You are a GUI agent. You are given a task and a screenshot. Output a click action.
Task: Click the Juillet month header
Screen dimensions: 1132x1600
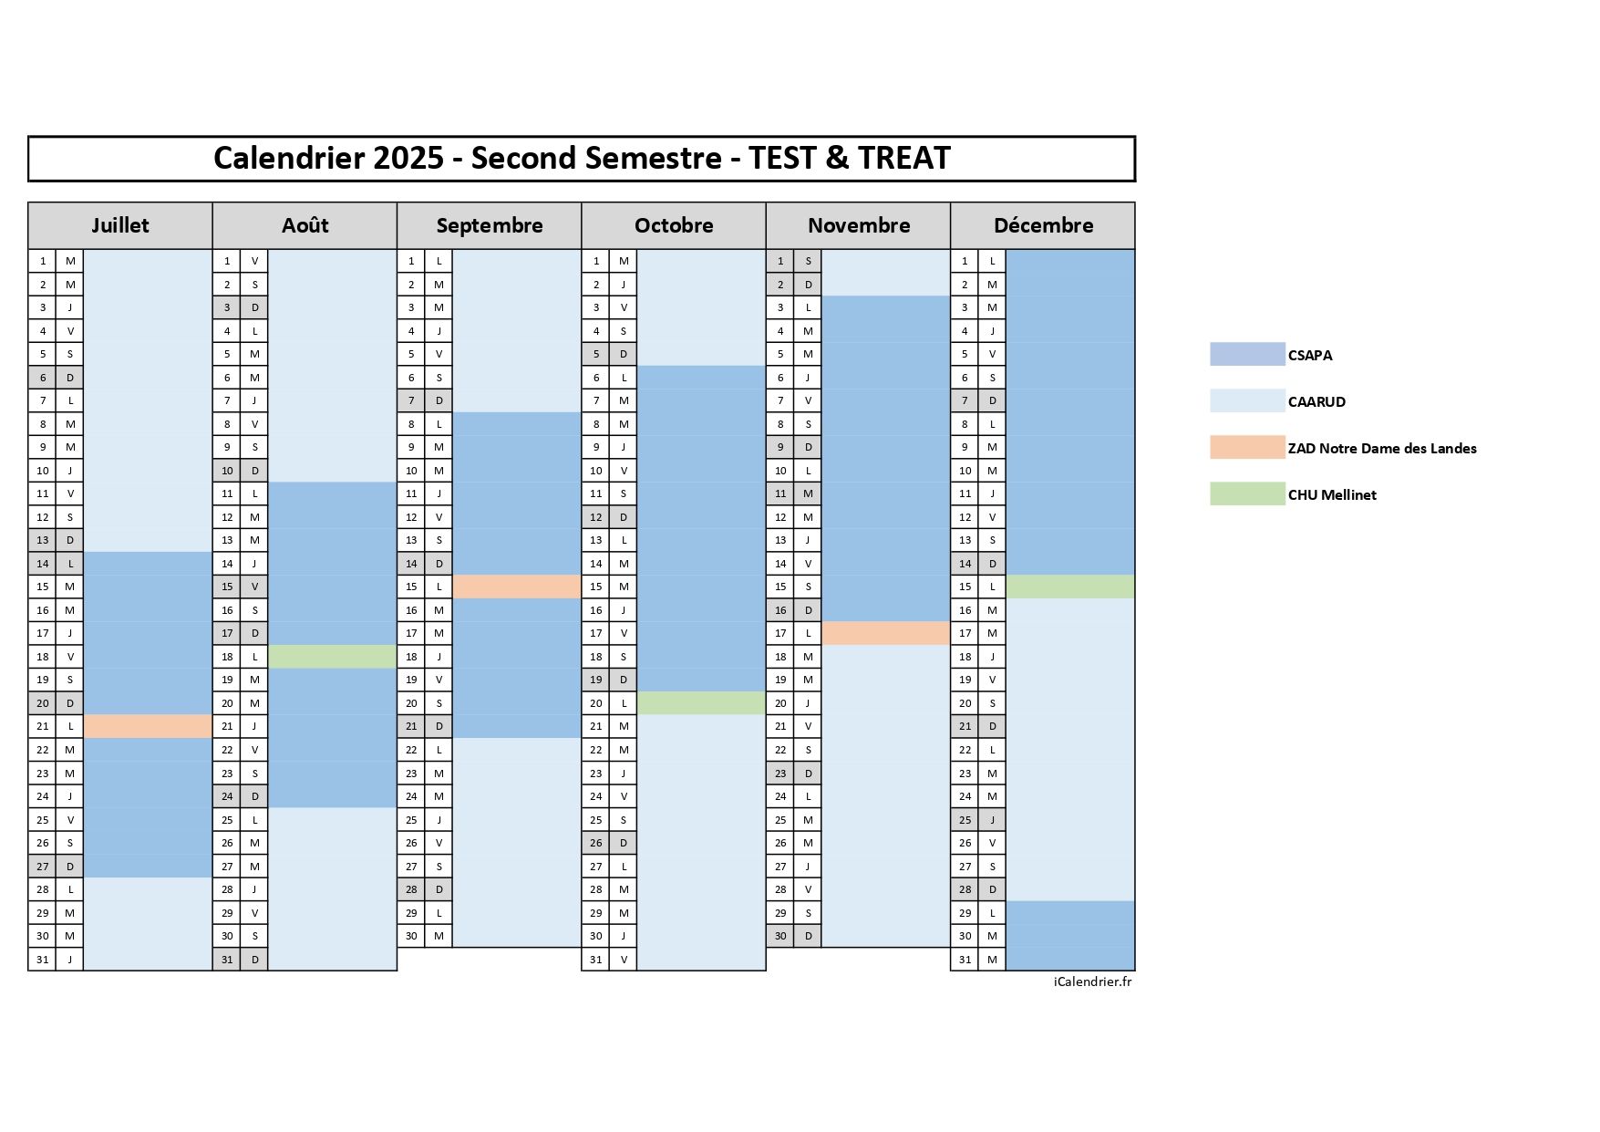pos(119,225)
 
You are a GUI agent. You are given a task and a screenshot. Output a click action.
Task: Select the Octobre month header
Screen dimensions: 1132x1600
pos(674,225)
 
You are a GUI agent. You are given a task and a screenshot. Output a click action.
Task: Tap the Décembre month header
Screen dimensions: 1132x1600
pos(1043,225)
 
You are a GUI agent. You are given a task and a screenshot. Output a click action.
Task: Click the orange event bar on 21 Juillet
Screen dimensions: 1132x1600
pos(148,726)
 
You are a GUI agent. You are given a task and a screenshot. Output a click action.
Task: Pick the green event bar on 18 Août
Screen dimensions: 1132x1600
pos(332,657)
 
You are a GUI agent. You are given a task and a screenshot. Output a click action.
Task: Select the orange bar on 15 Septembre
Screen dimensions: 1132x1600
pos(517,587)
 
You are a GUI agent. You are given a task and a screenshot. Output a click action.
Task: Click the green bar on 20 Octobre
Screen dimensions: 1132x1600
pos(701,703)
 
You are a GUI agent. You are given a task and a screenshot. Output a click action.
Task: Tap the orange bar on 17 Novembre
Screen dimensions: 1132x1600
pos(885,633)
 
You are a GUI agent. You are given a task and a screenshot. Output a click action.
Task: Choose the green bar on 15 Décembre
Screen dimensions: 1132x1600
pos(1070,587)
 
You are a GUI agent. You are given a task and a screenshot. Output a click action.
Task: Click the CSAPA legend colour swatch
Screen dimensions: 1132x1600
pos(1246,355)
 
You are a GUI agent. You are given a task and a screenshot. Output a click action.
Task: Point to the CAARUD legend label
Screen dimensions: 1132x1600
pos(1316,402)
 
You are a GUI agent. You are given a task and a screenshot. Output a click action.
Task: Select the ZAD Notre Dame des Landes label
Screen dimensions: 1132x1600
pos(1381,449)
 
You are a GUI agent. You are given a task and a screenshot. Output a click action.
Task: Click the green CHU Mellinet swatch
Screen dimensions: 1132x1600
pos(1246,494)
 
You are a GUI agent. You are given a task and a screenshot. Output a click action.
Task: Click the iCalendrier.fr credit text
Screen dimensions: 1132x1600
pos(1092,982)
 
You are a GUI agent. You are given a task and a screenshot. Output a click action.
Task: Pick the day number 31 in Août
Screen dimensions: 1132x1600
pos(227,960)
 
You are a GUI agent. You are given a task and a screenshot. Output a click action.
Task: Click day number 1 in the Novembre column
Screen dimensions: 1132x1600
pos(780,261)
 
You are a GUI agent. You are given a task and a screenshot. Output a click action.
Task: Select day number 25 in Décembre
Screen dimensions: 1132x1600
pos(965,820)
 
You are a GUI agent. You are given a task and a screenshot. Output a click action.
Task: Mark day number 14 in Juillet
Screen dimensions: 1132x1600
pos(42,564)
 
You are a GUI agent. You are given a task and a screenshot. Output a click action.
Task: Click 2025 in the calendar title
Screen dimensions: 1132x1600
pos(408,158)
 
